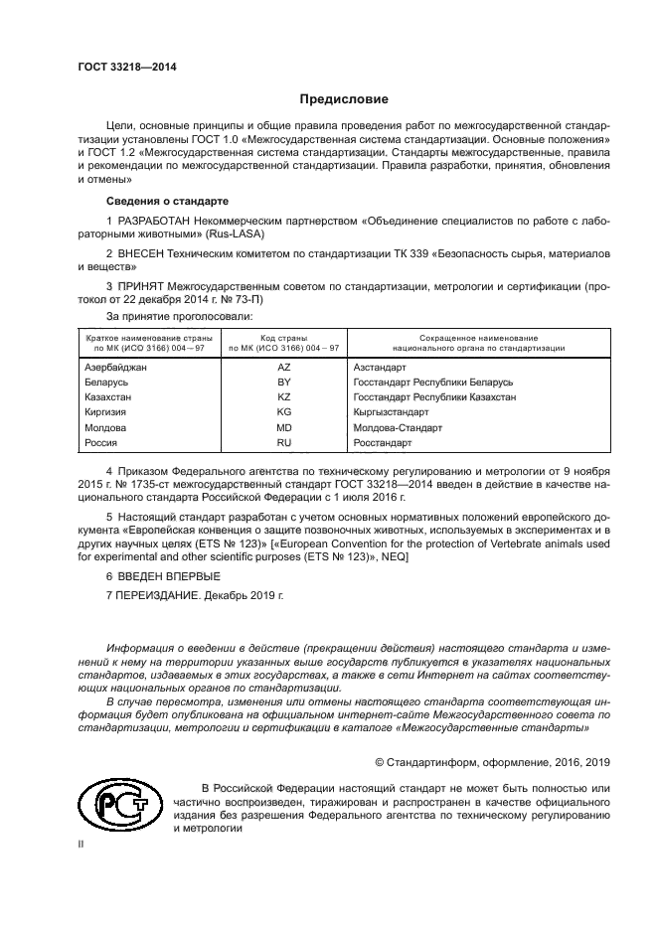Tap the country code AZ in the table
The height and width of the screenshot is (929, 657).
tap(283, 367)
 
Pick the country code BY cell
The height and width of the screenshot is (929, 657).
tap(283, 382)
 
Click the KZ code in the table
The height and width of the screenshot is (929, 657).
tap(283, 395)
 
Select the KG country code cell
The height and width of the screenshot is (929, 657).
tap(283, 410)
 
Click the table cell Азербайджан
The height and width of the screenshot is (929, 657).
tap(116, 367)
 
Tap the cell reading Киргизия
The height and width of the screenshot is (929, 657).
tap(107, 410)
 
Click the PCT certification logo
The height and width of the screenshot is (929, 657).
tap(116, 805)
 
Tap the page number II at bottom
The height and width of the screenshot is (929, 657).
tap(82, 843)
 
